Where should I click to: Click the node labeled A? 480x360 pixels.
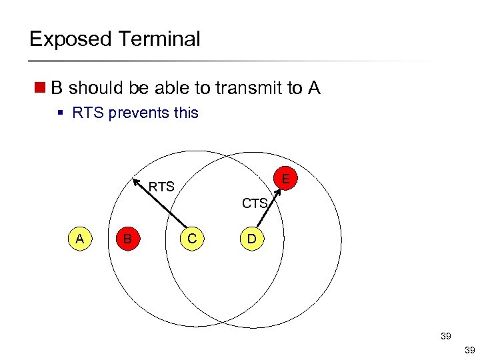coord(80,238)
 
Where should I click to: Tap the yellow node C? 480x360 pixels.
coord(192,238)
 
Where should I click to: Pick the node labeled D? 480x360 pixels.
coord(251,238)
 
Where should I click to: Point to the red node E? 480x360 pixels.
coord(285,179)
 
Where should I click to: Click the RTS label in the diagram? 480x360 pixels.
coord(161,187)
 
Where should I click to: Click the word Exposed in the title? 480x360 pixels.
coord(69,39)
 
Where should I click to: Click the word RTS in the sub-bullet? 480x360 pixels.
coord(87,113)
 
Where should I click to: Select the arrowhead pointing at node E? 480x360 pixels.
coord(277,191)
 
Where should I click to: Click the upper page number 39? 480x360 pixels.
coord(445,337)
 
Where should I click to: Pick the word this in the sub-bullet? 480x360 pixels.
coord(186,113)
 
